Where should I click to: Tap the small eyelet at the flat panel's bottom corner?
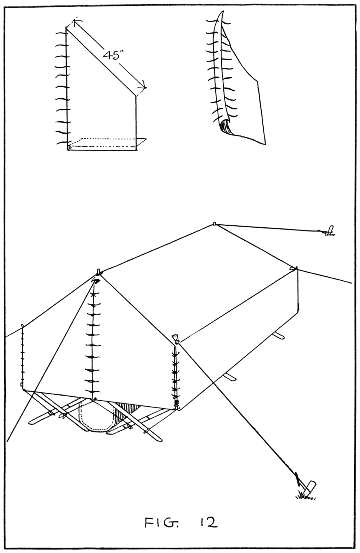click(69, 147)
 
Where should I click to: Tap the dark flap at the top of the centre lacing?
click(96, 281)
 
